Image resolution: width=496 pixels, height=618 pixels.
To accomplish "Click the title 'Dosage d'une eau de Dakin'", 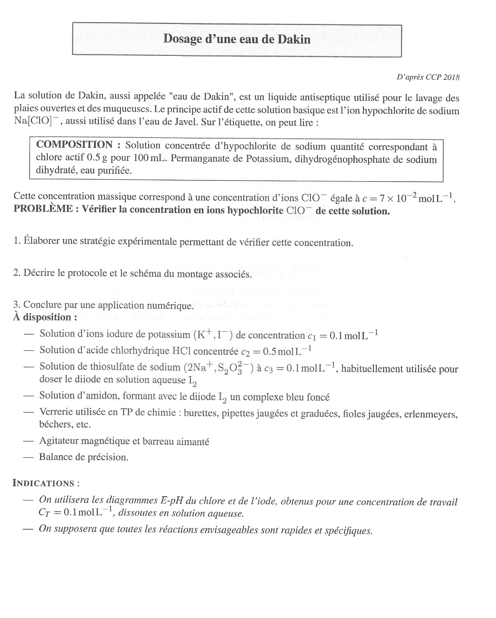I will [237, 39].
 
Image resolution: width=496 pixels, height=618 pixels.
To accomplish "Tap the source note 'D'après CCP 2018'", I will [427, 77].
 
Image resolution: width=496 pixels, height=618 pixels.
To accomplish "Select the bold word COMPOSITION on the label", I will [74, 145].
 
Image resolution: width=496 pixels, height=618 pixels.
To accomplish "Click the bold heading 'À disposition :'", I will [45, 317].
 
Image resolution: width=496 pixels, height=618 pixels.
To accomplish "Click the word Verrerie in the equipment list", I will [55, 412].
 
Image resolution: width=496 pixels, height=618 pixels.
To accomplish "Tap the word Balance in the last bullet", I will [56, 457].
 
